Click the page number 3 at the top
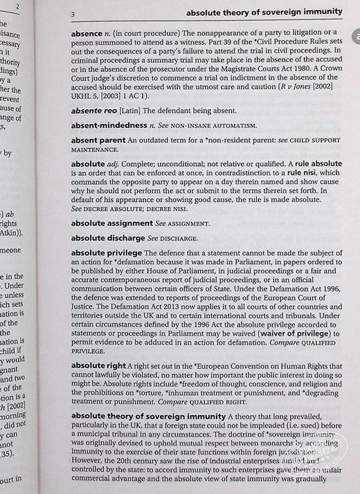coord(73,13)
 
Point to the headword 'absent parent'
coord(98,140)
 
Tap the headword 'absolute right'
coord(98,365)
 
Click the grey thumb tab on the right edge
coord(354,55)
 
